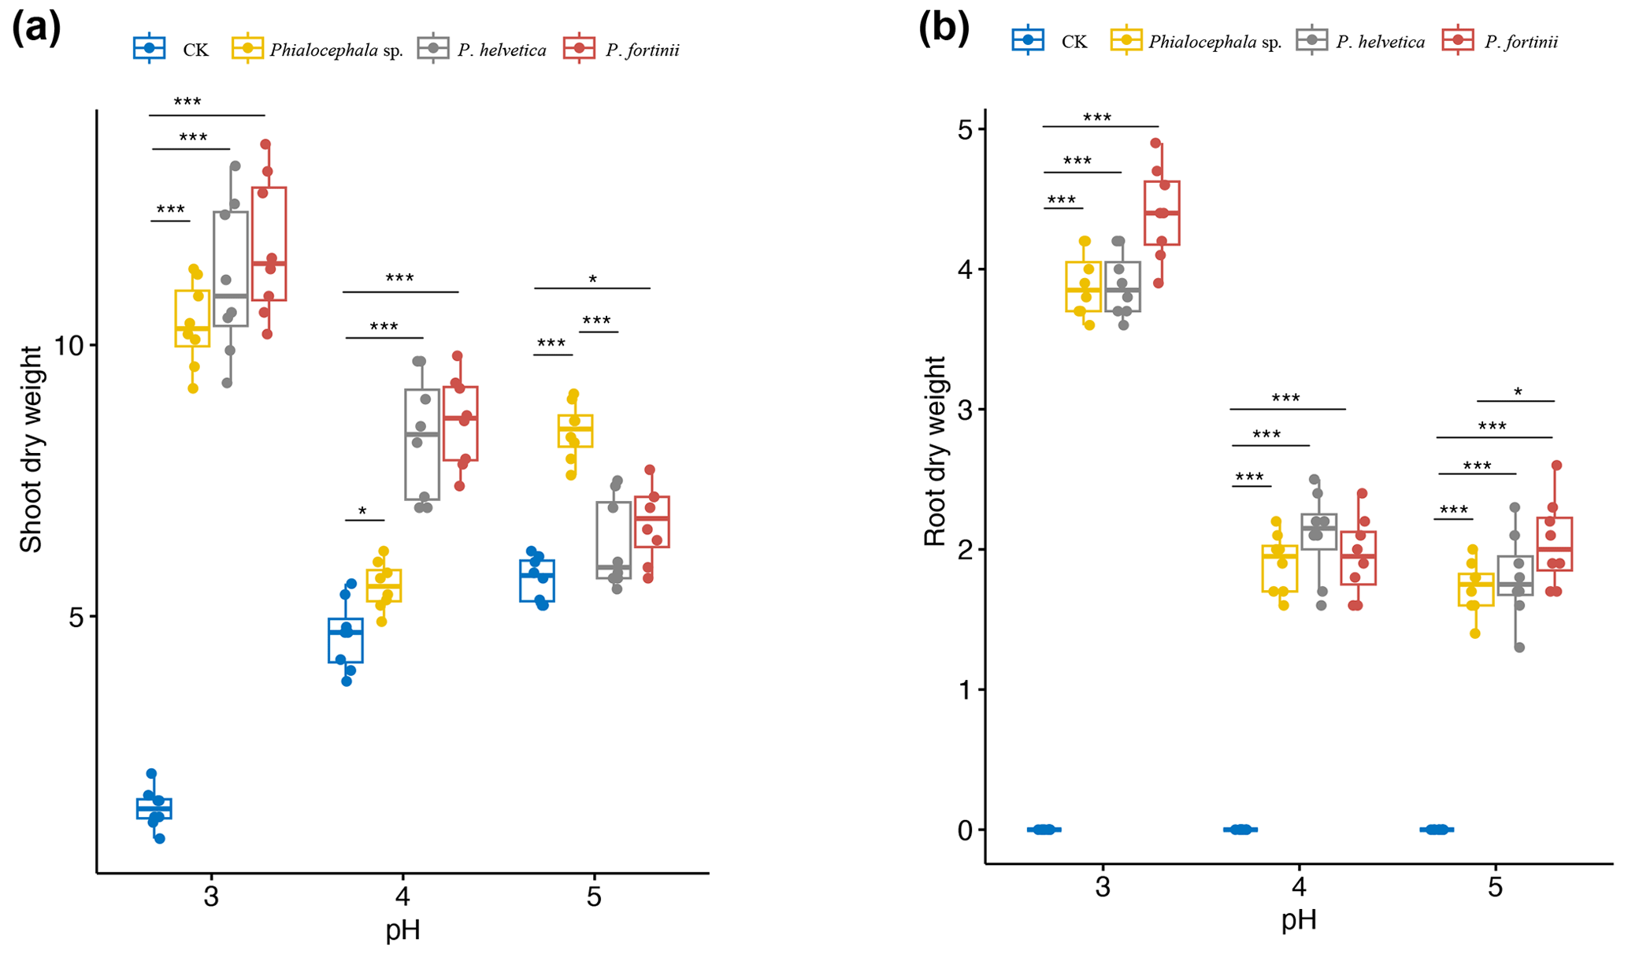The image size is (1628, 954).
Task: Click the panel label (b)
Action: [x=944, y=29]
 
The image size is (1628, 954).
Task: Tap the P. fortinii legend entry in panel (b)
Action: [x=1500, y=41]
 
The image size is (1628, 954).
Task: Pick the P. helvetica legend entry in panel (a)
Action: [x=482, y=49]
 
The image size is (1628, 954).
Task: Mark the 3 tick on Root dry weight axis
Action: [x=965, y=409]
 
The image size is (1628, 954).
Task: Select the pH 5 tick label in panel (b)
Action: [x=1494, y=888]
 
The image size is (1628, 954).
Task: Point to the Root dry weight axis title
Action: [x=935, y=451]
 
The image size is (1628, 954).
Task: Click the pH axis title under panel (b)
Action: [x=1299, y=919]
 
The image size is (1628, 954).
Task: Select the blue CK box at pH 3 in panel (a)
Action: [x=154, y=808]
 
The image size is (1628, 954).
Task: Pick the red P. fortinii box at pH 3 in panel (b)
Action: [x=1162, y=213]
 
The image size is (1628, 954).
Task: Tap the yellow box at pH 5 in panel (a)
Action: [x=575, y=430]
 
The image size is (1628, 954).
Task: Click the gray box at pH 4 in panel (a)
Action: [x=422, y=444]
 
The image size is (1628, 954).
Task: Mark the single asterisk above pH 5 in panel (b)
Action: [x=1518, y=392]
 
